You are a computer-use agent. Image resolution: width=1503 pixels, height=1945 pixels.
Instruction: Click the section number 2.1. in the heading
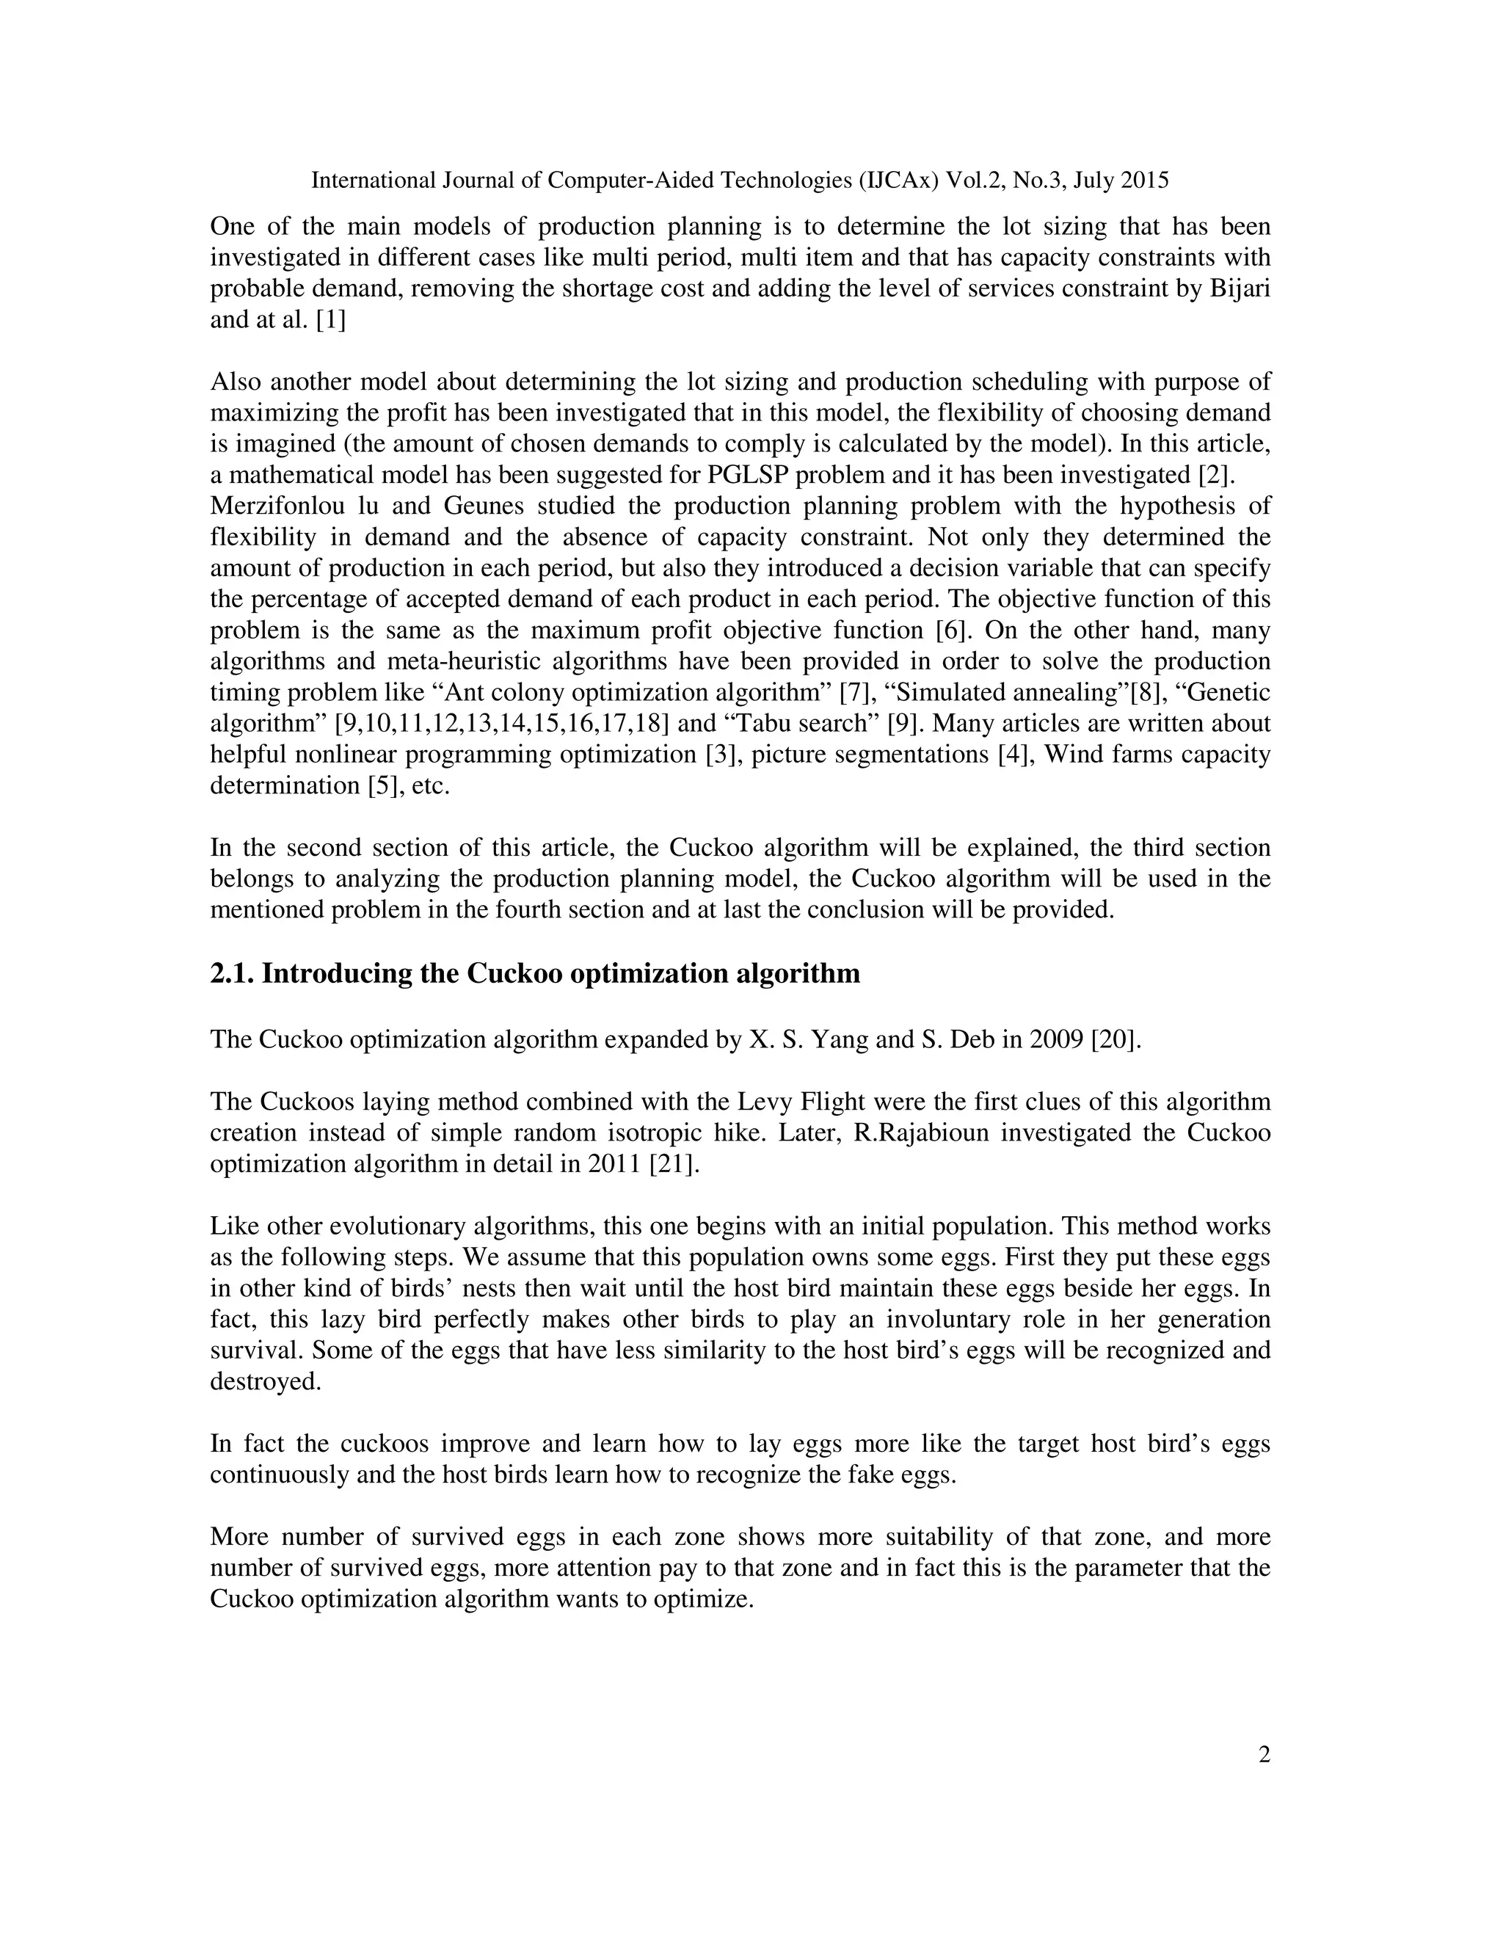233,973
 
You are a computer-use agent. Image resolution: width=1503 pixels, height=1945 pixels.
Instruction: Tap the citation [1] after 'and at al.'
330,320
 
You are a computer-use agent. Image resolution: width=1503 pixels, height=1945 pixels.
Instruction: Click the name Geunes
455,506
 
